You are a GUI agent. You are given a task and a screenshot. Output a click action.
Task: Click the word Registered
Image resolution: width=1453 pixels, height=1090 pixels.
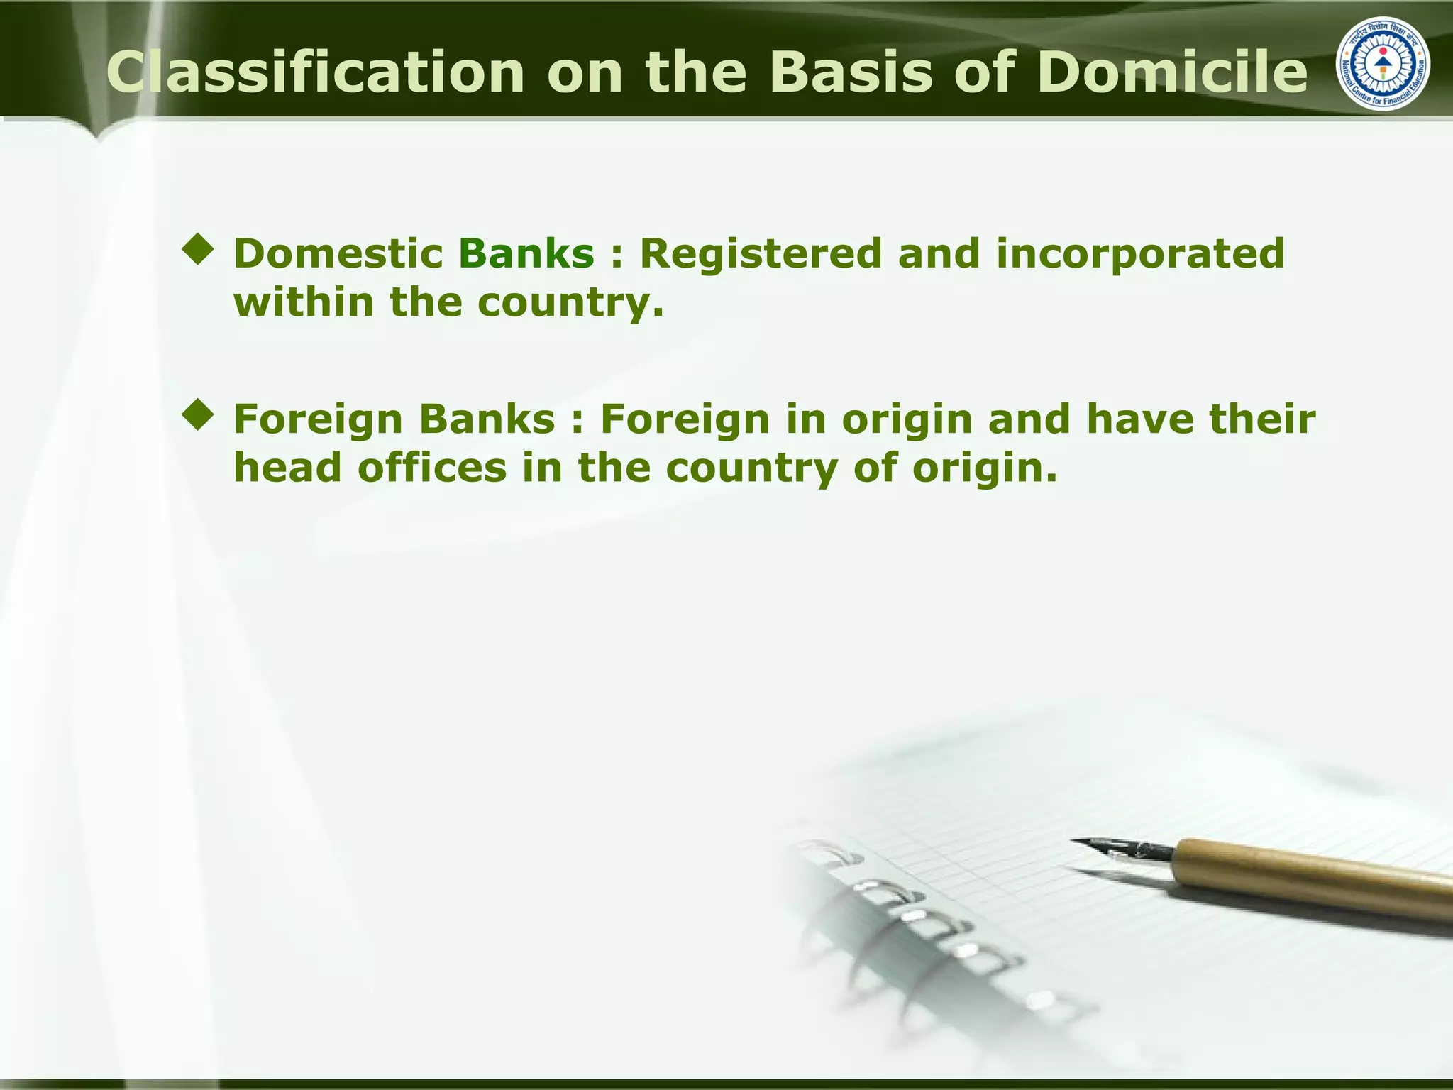[760, 253]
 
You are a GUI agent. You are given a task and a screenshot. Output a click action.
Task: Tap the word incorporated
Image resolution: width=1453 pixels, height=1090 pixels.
[1140, 253]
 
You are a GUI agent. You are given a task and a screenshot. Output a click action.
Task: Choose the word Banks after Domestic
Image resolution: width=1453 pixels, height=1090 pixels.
[526, 253]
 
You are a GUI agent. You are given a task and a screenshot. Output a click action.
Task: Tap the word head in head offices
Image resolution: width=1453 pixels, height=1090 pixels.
[287, 468]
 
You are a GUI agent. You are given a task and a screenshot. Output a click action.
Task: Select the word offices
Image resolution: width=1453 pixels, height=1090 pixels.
[432, 468]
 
